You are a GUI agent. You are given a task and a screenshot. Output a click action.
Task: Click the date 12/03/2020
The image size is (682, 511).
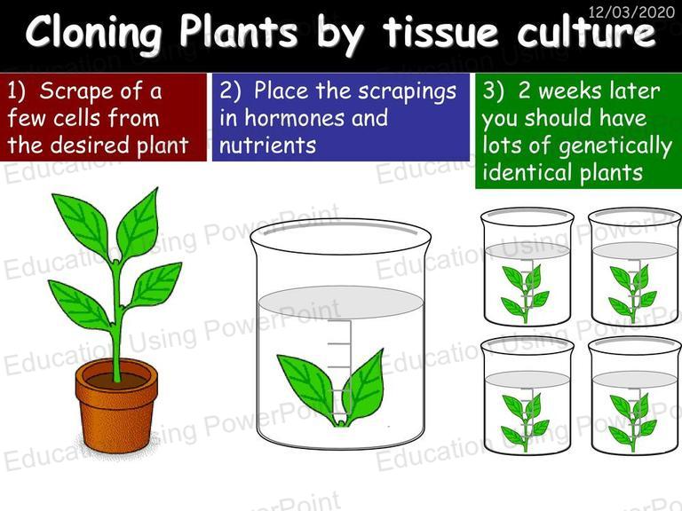tap(631, 12)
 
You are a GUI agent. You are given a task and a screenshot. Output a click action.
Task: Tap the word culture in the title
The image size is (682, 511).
tap(586, 31)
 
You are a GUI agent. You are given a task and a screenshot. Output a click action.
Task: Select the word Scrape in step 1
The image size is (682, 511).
tap(76, 90)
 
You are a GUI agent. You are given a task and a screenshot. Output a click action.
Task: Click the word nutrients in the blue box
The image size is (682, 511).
tap(267, 145)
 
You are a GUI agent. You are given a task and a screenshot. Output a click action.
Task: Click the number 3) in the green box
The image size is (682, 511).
tap(493, 91)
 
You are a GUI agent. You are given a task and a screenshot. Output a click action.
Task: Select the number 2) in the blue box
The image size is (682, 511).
tap(231, 91)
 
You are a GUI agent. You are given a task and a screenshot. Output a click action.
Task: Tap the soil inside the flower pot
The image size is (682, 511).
tap(116, 381)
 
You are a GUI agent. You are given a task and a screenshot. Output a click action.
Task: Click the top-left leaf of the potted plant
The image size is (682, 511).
tap(81, 225)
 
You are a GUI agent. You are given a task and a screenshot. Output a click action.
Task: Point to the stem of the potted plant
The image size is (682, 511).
tap(116, 321)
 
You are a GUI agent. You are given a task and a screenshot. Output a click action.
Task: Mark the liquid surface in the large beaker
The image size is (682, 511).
tap(340, 302)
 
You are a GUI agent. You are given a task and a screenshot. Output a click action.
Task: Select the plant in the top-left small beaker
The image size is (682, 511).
tap(525, 294)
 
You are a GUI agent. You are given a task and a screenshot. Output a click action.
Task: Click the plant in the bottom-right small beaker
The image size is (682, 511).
tap(632, 422)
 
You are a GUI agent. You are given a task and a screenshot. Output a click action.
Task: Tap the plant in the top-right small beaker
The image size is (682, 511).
tap(632, 294)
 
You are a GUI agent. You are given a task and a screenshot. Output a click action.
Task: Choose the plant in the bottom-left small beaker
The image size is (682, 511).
tap(525, 422)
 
